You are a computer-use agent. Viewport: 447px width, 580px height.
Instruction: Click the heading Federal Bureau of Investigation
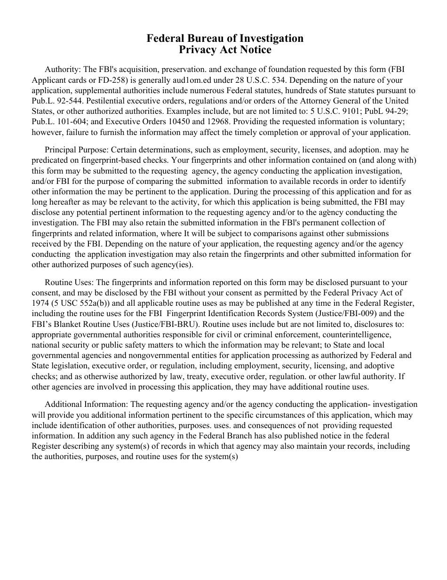tap(225, 38)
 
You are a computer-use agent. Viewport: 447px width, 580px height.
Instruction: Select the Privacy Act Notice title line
tap(225, 49)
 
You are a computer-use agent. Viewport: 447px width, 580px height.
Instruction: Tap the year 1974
tap(40, 303)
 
